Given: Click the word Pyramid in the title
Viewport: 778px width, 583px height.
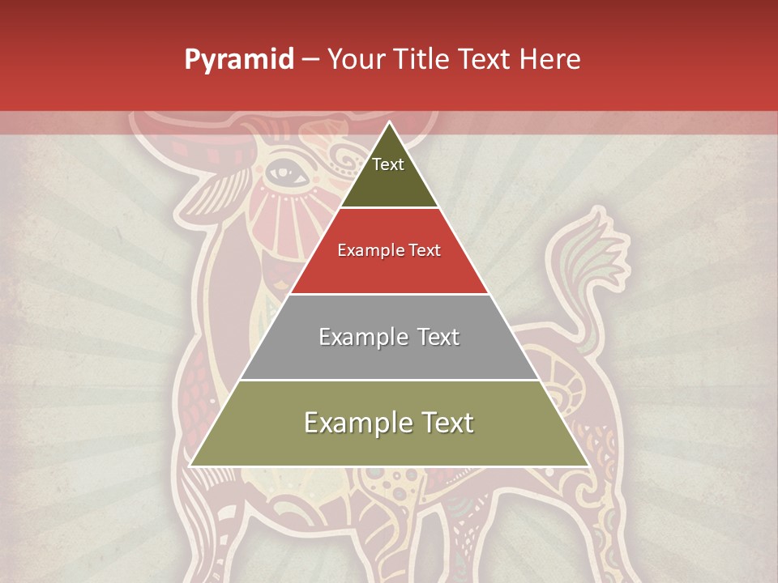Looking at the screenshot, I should tap(238, 60).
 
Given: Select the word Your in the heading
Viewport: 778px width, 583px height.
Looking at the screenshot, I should tap(356, 60).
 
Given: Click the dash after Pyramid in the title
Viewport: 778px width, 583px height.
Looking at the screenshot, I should tap(310, 60).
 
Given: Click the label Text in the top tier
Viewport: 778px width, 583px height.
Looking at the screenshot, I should tap(388, 164).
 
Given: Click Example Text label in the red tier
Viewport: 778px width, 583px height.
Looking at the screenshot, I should tap(389, 250).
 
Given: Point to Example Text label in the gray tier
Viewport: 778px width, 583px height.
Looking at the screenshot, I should tap(389, 337).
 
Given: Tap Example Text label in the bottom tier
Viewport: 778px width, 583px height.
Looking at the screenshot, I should tap(389, 423).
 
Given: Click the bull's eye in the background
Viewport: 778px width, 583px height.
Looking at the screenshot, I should tap(280, 171).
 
